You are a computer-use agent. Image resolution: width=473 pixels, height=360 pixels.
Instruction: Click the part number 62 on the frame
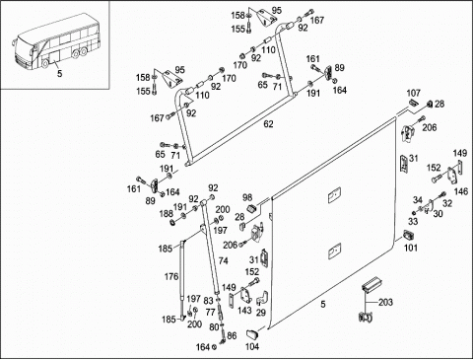pyautogui.click(x=268, y=124)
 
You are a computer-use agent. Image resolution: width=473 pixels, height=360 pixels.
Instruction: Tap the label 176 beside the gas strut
pyautogui.click(x=171, y=277)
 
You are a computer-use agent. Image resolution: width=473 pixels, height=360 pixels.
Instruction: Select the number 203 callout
pyautogui.click(x=385, y=302)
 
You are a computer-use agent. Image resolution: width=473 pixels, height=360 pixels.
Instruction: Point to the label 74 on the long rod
pyautogui.click(x=223, y=261)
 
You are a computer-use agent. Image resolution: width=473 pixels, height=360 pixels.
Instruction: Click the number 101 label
pyautogui.click(x=411, y=248)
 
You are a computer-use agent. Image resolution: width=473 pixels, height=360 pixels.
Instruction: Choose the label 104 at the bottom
pyautogui.click(x=252, y=346)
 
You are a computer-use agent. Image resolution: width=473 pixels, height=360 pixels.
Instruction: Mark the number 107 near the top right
pyautogui.click(x=414, y=93)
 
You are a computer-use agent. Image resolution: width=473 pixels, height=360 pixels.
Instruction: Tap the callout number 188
pyautogui.click(x=167, y=213)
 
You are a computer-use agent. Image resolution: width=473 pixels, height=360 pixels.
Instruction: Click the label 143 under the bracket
pyautogui.click(x=244, y=311)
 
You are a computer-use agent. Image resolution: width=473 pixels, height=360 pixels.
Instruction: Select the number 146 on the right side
pyautogui.click(x=461, y=191)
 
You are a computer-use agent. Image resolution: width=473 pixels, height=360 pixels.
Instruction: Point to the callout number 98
pyautogui.click(x=247, y=197)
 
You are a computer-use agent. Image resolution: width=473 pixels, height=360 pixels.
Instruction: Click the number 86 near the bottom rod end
pyautogui.click(x=232, y=335)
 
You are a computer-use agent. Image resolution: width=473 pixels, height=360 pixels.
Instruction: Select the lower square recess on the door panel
pyautogui.click(x=334, y=251)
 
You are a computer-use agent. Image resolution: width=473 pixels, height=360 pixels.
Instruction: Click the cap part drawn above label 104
pyautogui.click(x=252, y=334)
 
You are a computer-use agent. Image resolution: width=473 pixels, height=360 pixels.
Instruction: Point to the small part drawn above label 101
pyautogui.click(x=408, y=236)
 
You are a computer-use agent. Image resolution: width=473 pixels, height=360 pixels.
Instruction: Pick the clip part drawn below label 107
pyautogui.click(x=413, y=103)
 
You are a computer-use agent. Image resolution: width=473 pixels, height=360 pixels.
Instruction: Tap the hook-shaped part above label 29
pyautogui.click(x=263, y=297)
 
